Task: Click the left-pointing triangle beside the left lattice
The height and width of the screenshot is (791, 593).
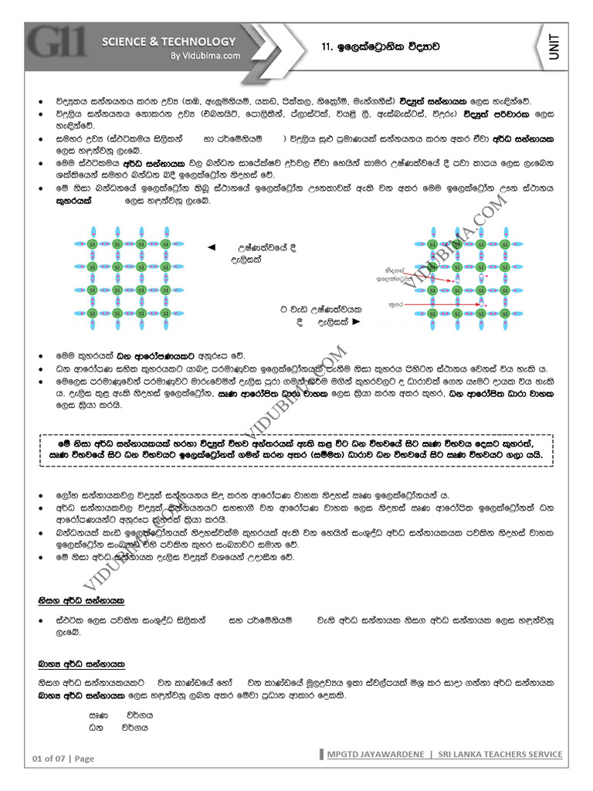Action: tap(211, 247)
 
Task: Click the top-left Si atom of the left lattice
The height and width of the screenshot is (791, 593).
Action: tap(93, 244)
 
